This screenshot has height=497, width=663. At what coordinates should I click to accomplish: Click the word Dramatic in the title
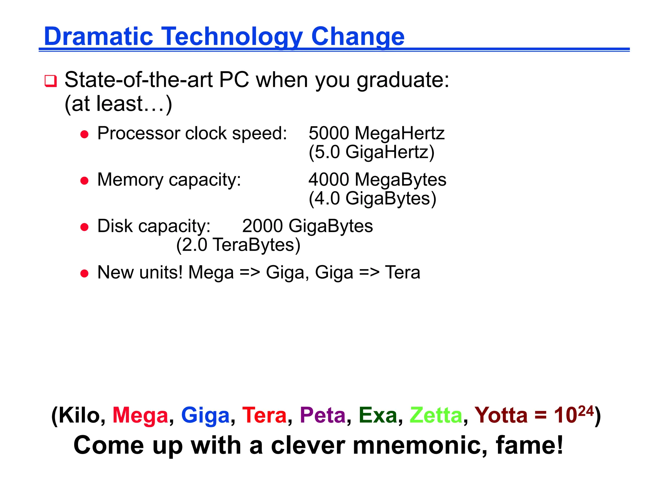pos(98,36)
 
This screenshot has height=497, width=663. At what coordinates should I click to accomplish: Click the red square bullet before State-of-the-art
pos(51,81)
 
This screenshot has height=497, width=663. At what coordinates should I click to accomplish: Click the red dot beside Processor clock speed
pos(84,134)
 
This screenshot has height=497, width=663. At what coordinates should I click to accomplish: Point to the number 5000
pos(329,133)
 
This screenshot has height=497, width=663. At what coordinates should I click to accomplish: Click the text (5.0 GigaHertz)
pos(371,152)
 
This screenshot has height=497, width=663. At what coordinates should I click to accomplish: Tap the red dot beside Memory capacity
pos(84,181)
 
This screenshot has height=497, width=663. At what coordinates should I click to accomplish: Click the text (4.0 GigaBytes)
pos(372,198)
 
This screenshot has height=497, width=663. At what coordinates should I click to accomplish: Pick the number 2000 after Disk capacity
pos(262,226)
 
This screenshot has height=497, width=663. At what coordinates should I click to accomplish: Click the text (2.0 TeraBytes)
pos(238,245)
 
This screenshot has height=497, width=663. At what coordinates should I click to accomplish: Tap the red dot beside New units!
pos(84,273)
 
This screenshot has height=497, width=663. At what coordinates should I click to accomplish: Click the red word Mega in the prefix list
pos(140,415)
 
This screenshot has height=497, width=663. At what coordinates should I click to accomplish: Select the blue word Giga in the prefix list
pos(205,415)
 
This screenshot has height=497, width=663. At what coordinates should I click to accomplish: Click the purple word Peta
pos(322,415)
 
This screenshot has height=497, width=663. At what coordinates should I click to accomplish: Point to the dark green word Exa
pos(377,415)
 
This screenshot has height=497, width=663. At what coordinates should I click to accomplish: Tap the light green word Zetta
pos(436,415)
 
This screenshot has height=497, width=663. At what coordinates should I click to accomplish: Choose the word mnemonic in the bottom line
pos(420,446)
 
